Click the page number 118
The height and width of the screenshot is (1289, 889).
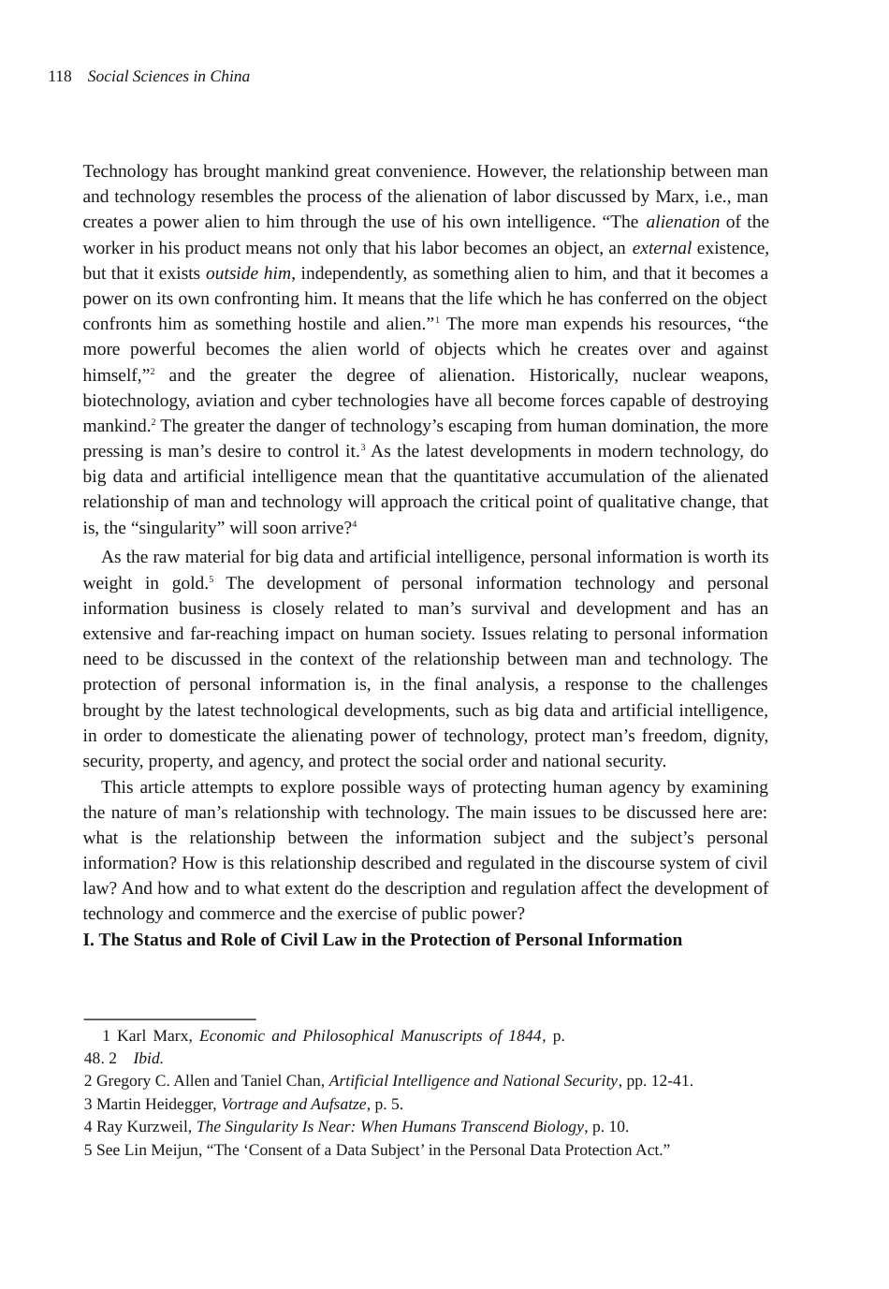click(x=60, y=77)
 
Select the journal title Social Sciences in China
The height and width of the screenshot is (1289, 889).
click(x=168, y=77)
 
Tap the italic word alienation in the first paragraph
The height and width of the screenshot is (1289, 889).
click(x=682, y=222)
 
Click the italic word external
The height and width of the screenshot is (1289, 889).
click(x=661, y=248)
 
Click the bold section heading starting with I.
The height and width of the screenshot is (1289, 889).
click(x=382, y=940)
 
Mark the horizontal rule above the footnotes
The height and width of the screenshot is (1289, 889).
click(x=169, y=1018)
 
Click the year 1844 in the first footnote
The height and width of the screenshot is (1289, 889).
click(x=524, y=1036)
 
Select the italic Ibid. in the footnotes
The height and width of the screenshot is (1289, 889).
click(x=148, y=1059)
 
